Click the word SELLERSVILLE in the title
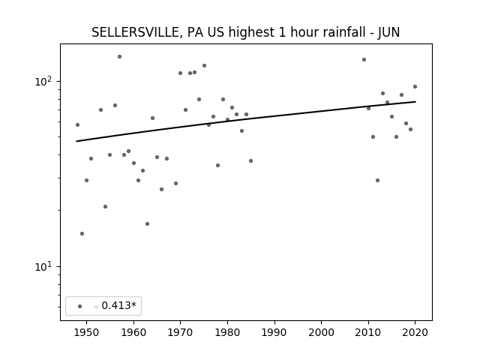135,32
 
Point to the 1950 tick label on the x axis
87,332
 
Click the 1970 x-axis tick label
180,332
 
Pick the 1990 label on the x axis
274,332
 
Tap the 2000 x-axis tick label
322,332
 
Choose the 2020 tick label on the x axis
415,332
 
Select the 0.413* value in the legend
118,305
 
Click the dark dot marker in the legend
80,306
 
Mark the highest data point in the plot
119,57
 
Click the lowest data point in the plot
82,233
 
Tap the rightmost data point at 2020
415,87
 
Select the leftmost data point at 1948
77,125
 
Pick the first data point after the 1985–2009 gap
364,60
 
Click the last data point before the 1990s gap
250,160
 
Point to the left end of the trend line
76,141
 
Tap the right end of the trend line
415,102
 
